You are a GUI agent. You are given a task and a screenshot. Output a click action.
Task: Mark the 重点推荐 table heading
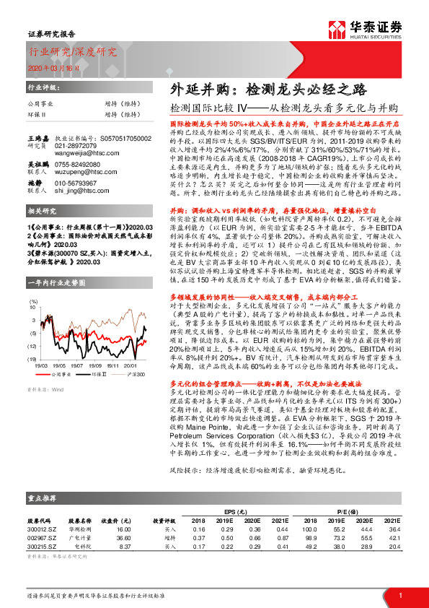44,498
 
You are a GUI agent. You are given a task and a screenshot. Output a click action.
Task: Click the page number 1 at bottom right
399,596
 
